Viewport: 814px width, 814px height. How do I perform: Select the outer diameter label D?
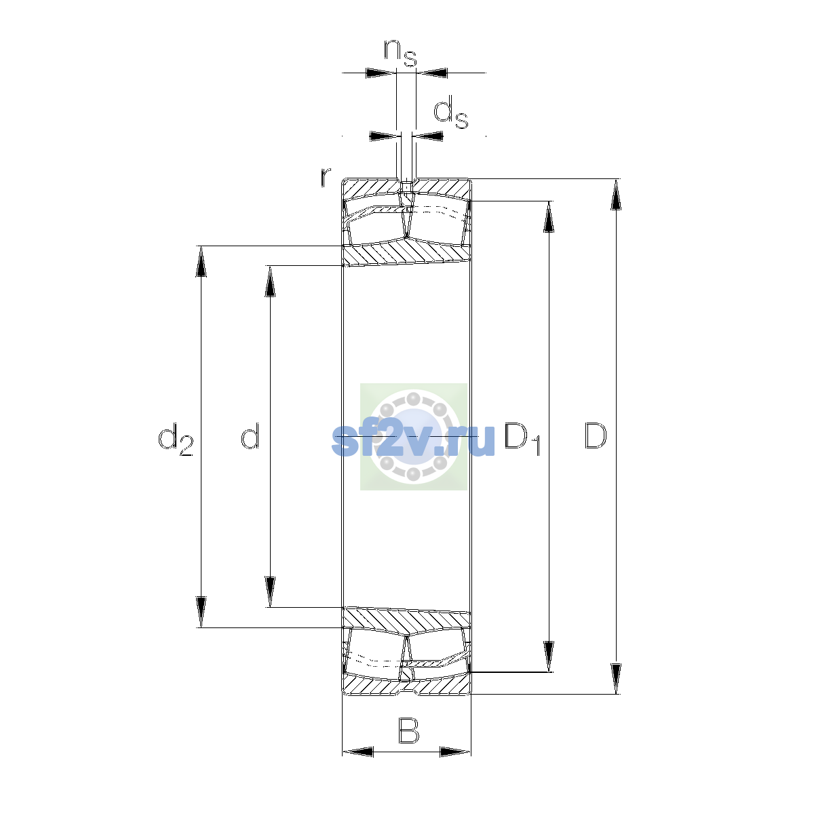coord(595,435)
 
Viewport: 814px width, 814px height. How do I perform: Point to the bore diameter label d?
coord(250,435)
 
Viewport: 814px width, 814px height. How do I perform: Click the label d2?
coord(175,440)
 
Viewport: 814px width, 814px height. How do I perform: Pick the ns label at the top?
coord(400,54)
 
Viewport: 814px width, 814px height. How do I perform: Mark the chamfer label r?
coord(325,177)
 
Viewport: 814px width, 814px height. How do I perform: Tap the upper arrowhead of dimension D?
coord(616,194)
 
